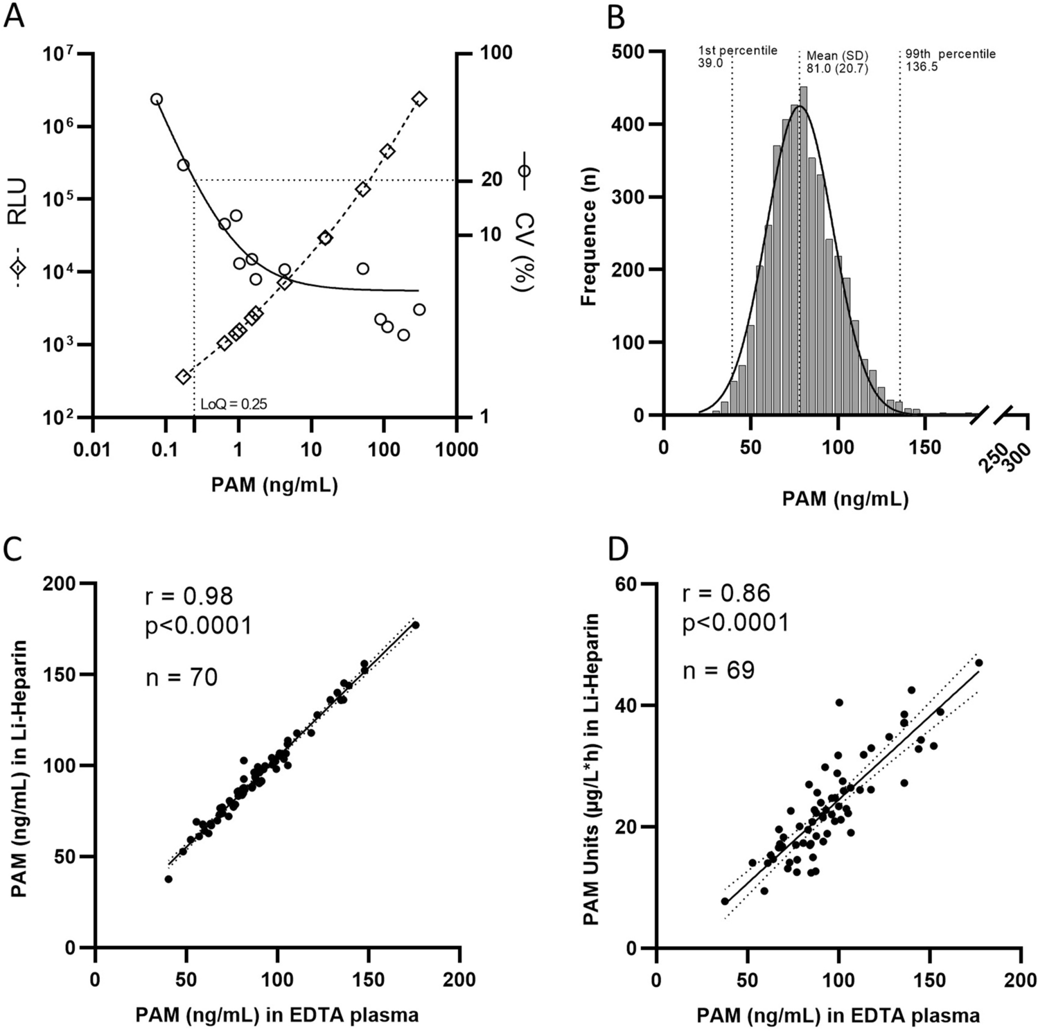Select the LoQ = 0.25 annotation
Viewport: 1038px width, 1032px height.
pyautogui.click(x=234, y=404)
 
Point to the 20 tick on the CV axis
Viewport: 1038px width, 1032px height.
pyautogui.click(x=492, y=180)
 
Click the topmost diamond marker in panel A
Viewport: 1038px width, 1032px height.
pyautogui.click(x=419, y=99)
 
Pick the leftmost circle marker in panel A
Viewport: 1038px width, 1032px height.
pyautogui.click(x=157, y=99)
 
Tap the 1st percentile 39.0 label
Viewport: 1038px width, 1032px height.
pyautogui.click(x=737, y=57)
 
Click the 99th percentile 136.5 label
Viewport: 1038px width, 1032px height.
pyautogui.click(x=950, y=60)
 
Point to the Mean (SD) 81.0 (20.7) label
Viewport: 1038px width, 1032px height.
pyautogui.click(x=836, y=62)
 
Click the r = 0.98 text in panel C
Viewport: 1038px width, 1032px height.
pyautogui.click(x=189, y=596)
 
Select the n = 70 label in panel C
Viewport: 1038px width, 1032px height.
pyautogui.click(x=182, y=676)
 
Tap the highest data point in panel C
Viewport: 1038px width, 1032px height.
pyautogui.click(x=416, y=625)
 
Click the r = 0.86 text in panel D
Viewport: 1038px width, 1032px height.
pyautogui.click(x=726, y=593)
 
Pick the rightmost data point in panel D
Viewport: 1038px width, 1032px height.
pyautogui.click(x=978, y=663)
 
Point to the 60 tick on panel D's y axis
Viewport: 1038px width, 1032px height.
pyautogui.click(x=624, y=584)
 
